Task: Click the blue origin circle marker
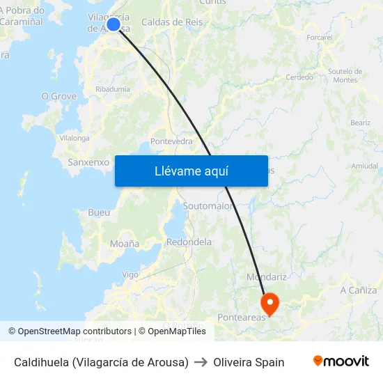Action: coord(114,24)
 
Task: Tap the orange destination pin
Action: coord(269,302)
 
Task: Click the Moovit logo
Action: coord(341,361)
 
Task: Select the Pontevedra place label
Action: coord(171,141)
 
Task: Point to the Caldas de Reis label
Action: coord(172,22)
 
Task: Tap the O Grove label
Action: coord(59,96)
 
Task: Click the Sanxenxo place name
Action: coord(88,162)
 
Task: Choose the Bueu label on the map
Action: coord(99,212)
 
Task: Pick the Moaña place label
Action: coord(125,244)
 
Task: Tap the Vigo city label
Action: coord(130,274)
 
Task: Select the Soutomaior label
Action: coord(208,206)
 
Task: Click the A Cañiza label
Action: coord(359,290)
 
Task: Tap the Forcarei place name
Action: coord(319,37)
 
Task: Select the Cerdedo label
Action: coord(299,77)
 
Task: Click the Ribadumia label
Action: coord(113,89)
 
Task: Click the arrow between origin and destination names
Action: coord(201,362)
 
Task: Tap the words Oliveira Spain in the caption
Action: coord(249,362)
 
